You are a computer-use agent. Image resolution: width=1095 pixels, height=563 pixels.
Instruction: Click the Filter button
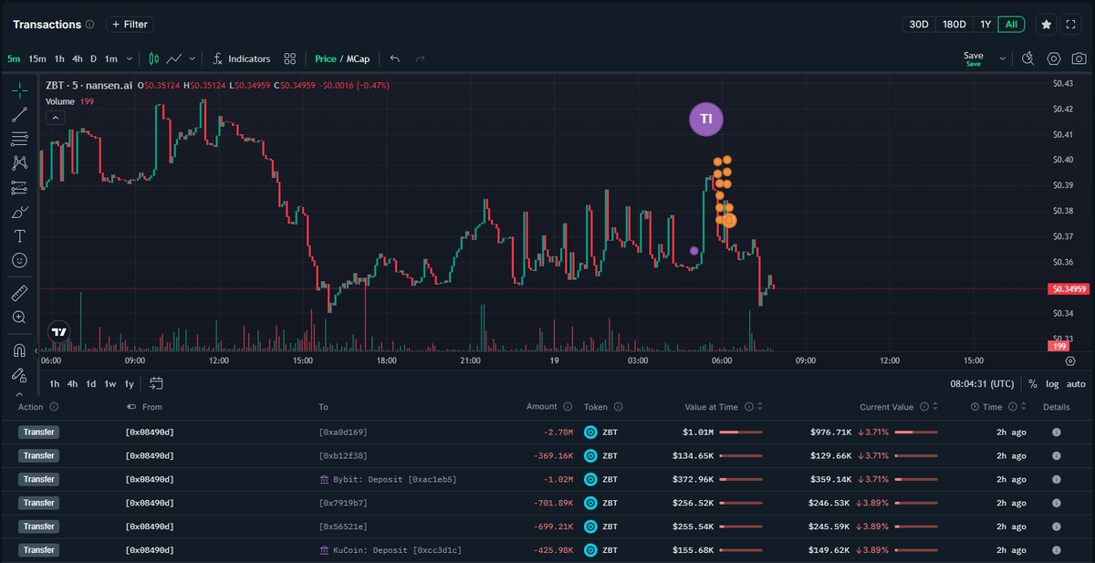(129, 25)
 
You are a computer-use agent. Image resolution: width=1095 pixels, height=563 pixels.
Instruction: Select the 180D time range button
(954, 25)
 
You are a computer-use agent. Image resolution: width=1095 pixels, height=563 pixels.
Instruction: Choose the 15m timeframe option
(37, 58)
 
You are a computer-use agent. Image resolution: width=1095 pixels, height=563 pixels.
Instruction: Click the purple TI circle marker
(705, 120)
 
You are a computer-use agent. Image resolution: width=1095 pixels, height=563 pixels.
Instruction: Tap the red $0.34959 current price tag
(1069, 289)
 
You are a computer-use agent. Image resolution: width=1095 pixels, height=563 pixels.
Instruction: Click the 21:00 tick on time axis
(470, 360)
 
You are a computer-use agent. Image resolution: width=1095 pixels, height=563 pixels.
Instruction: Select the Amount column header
(541, 407)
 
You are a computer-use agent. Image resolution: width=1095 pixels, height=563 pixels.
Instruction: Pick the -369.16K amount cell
(553, 455)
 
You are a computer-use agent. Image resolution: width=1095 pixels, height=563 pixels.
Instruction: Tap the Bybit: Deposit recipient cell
(388, 479)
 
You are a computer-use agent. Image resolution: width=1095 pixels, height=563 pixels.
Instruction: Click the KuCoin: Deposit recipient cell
(388, 550)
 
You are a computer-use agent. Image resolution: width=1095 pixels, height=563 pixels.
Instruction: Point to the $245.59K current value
(829, 527)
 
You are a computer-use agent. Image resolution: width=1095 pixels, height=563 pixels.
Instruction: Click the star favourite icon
(1046, 25)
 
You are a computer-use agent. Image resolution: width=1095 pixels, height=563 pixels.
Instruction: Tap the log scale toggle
(1052, 384)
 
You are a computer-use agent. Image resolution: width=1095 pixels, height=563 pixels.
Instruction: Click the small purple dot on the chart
(694, 250)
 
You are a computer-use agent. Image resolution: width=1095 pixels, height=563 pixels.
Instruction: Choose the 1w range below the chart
(109, 384)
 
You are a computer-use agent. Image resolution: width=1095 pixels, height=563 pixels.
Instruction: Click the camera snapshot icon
(1079, 58)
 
